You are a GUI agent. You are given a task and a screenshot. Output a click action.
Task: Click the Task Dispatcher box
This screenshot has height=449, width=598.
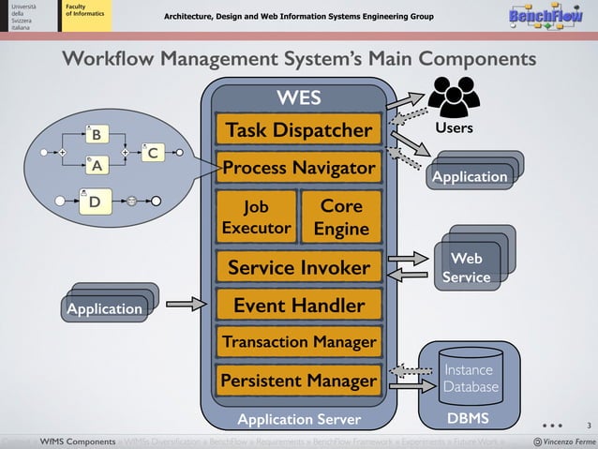point(299,130)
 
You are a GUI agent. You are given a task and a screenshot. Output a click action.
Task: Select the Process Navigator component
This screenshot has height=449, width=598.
point(299,170)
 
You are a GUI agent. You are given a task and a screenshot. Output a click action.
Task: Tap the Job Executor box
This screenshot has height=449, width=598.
point(256,217)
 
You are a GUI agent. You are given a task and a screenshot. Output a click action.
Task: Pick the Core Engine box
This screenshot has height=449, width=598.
point(341,217)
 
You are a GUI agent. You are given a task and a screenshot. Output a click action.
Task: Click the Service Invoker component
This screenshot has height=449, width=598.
point(299,268)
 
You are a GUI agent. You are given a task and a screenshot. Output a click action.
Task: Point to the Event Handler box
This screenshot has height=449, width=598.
point(299,306)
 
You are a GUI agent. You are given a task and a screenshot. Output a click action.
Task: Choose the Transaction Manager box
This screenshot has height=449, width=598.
point(299,342)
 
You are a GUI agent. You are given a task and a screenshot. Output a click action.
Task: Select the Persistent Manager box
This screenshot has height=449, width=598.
point(299,381)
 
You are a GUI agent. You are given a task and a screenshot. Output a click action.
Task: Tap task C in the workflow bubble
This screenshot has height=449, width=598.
point(153,152)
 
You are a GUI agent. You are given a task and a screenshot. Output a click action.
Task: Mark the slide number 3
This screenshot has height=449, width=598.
point(588,425)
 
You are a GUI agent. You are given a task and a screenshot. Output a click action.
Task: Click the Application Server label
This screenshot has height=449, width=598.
point(298,418)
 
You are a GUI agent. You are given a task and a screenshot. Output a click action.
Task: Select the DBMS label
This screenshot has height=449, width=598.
point(468,417)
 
